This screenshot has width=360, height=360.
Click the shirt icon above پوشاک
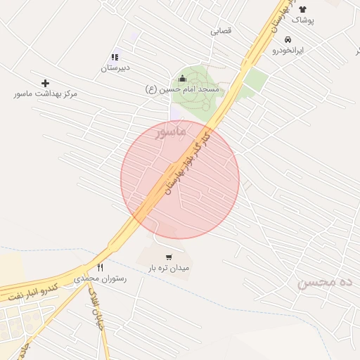pos(303,10)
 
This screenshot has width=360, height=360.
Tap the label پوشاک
pos(303,20)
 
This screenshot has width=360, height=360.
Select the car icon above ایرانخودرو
pos(288,40)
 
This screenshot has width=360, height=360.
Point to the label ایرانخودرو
pos(288,51)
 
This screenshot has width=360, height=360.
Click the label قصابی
pos(221,31)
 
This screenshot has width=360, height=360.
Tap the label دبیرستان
pos(116,68)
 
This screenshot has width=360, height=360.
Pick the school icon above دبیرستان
pos(115,57)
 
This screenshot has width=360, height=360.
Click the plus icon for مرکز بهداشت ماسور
pos(46,83)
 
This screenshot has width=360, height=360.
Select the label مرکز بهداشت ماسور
pos(45,94)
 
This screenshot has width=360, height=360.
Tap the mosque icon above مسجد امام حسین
pos(183,79)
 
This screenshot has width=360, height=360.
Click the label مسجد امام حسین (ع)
pos(183,89)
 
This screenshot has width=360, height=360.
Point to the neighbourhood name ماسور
pos(171,131)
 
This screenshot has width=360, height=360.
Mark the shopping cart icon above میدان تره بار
pos(168,257)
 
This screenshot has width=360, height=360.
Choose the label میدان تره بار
pos(169,268)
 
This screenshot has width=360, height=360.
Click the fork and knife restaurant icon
pos(100,267)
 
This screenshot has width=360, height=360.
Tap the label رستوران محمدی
pos(101,278)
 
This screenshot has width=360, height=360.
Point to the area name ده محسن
pos(324,283)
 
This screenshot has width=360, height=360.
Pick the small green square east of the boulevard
pos(257,79)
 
